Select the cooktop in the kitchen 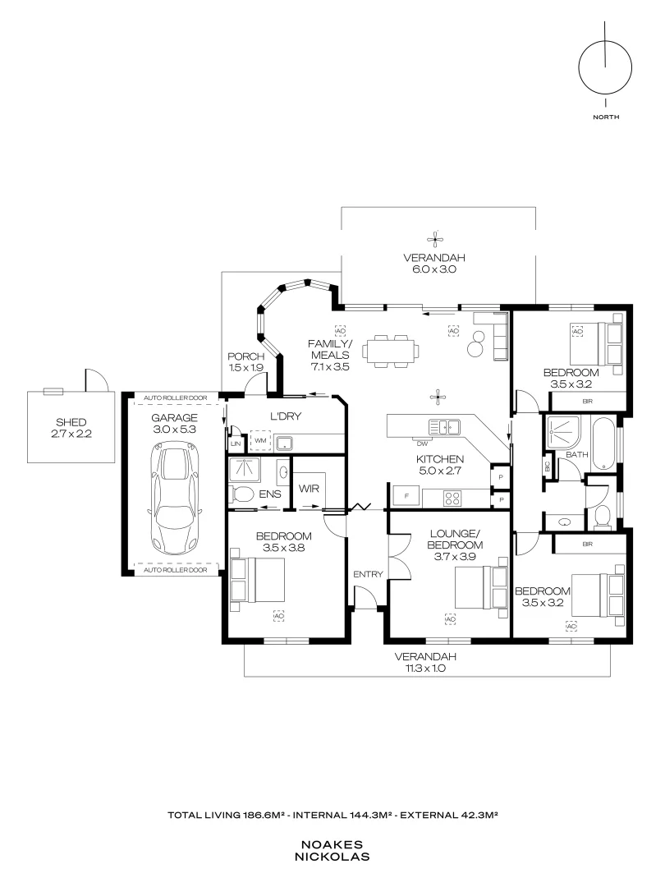pyautogui.click(x=453, y=496)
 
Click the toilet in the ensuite pyautogui.click(x=244, y=494)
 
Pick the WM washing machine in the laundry pyautogui.click(x=261, y=442)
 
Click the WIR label pyautogui.click(x=310, y=488)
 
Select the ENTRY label pyautogui.click(x=367, y=574)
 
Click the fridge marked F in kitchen pyautogui.click(x=406, y=496)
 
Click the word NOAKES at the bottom pyautogui.click(x=334, y=843)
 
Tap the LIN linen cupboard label pyautogui.click(x=236, y=443)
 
